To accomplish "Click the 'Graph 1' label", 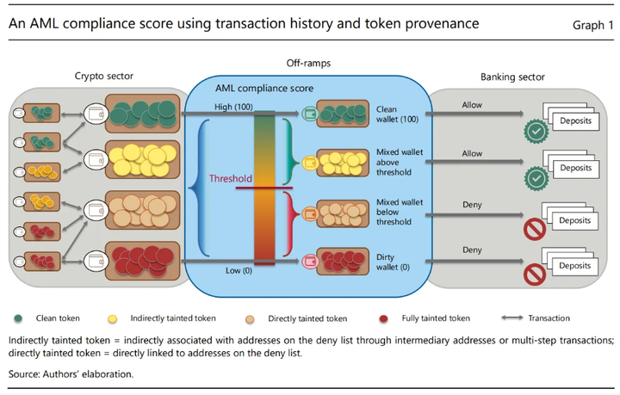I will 592,24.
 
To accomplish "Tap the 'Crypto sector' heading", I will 104,77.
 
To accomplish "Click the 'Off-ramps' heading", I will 309,64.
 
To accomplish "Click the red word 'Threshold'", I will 231,179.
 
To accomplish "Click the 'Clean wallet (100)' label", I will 396,115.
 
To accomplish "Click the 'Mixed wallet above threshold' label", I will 394,162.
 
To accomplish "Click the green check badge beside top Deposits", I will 536,132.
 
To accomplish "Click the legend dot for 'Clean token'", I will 18,318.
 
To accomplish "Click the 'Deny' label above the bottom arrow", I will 472,250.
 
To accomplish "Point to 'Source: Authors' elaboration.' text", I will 71,373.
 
